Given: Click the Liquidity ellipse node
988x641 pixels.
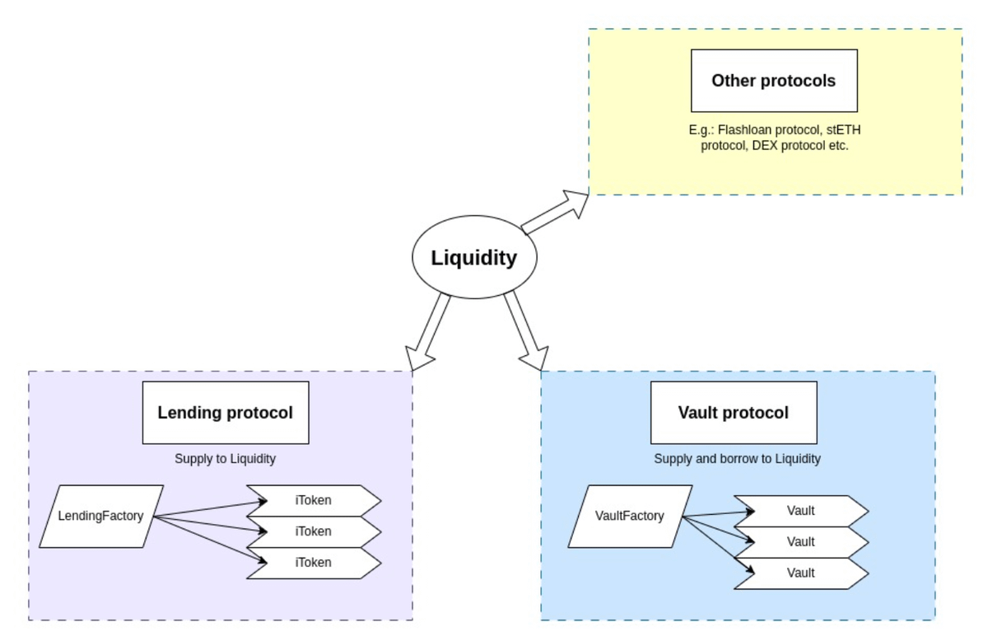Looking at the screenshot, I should (474, 258).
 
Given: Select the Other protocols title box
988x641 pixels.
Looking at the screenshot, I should (774, 81).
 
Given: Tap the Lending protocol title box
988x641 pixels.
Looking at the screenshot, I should (226, 413).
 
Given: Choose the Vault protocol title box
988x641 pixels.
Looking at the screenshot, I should (734, 413).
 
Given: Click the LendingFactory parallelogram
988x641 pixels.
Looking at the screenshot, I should (101, 517).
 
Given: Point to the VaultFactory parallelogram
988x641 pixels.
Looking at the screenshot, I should (630, 517).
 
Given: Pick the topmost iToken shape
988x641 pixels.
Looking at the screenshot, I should (315, 500).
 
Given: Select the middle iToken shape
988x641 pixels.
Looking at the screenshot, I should (315, 531).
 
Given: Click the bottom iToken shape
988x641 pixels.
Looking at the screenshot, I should (315, 563).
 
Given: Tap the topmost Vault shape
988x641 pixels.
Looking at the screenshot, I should (801, 511).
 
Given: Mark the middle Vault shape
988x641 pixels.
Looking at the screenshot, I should (801, 542).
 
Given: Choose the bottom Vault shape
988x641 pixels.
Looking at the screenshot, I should (801, 573).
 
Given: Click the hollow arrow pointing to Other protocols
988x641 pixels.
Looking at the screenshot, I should (557, 213).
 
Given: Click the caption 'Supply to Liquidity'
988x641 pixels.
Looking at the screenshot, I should (225, 459).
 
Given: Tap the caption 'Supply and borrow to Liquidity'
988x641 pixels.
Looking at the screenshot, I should (737, 459).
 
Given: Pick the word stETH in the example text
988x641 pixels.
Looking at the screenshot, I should (844, 129).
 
